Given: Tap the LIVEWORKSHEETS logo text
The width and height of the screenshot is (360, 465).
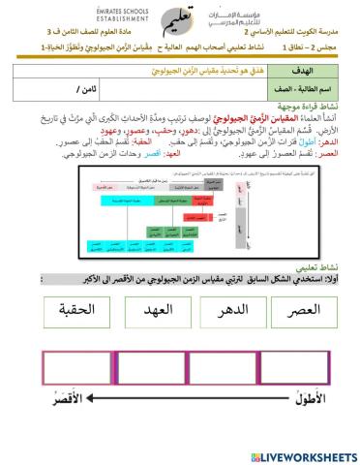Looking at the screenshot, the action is click(310, 454).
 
